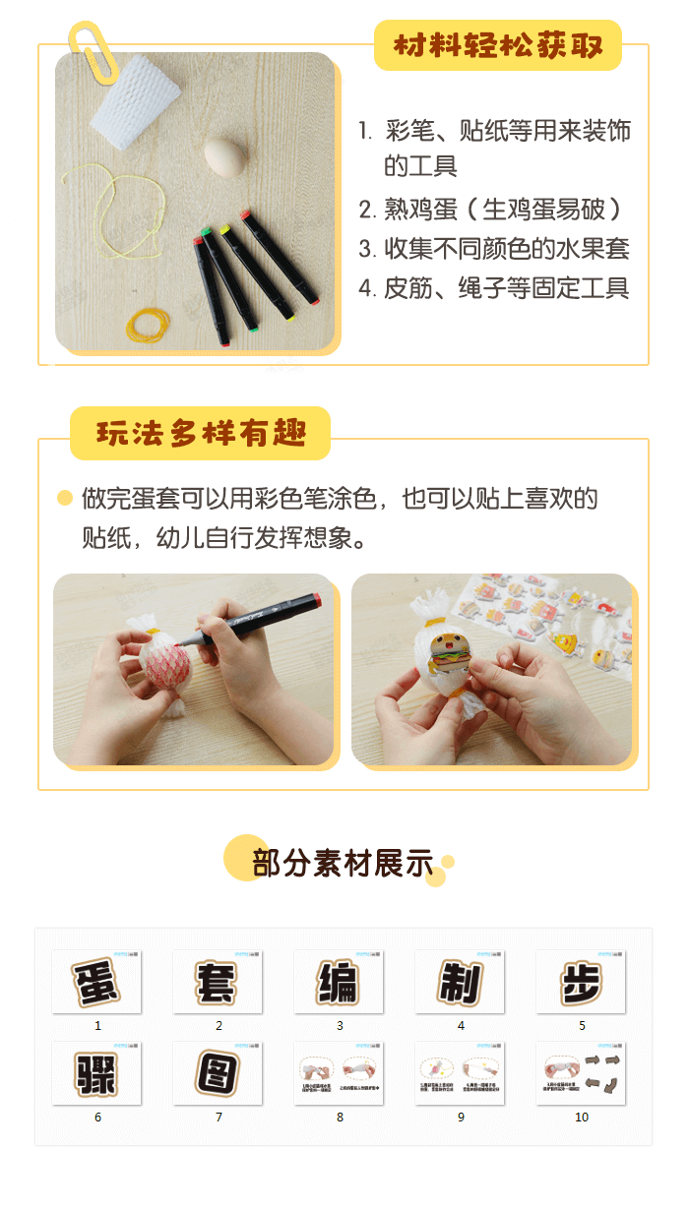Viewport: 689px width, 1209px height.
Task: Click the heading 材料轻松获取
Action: pyautogui.click(x=497, y=46)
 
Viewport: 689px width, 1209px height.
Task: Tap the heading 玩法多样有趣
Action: pyautogui.click(x=200, y=434)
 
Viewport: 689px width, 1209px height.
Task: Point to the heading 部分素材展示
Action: pyautogui.click(x=343, y=863)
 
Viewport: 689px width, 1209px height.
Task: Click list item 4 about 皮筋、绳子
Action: pyautogui.click(x=493, y=288)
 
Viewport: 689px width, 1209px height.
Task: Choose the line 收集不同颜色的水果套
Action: pyautogui.click(x=493, y=249)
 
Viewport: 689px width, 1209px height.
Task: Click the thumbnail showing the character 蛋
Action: pyautogui.click(x=96, y=982)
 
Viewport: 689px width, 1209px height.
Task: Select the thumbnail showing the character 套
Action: pyautogui.click(x=218, y=982)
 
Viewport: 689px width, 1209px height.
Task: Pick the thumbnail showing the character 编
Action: pyautogui.click(x=339, y=982)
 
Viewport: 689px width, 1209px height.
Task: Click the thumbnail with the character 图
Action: pyautogui.click(x=218, y=1073)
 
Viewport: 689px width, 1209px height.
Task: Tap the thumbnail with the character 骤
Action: pyautogui.click(x=96, y=1073)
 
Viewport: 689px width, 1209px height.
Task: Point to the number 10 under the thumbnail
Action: pyautogui.click(x=582, y=1118)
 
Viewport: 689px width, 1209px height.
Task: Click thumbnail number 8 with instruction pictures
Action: pyautogui.click(x=339, y=1073)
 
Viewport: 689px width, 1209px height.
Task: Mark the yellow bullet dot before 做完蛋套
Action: pyautogui.click(x=65, y=499)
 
